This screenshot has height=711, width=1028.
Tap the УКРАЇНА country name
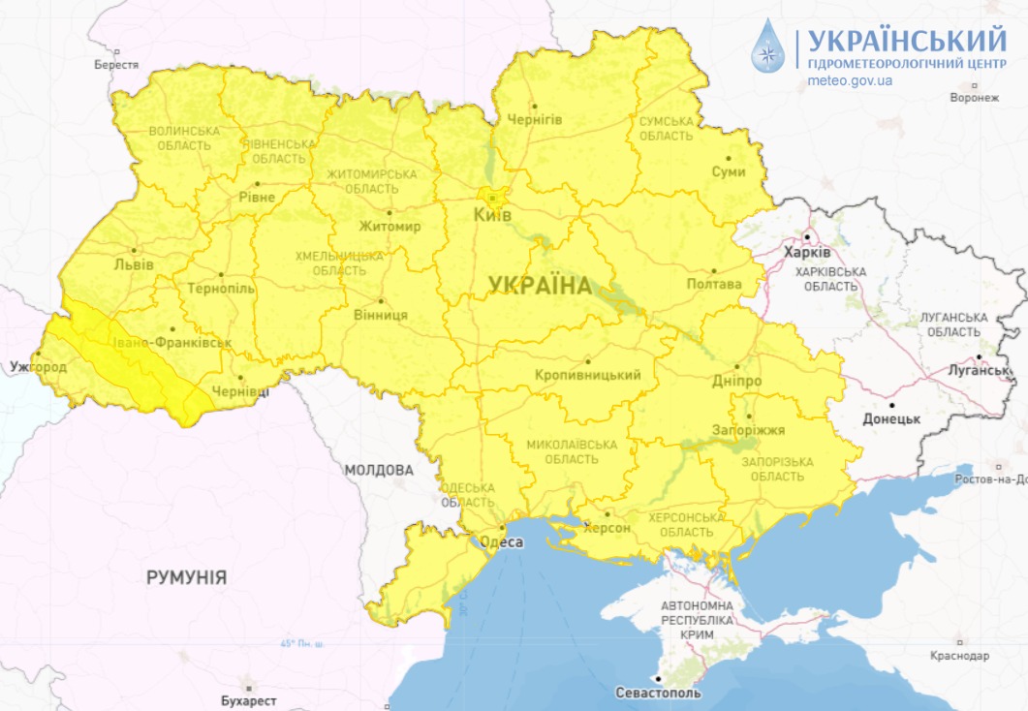pyautogui.click(x=540, y=285)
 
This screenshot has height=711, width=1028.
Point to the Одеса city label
pyautogui.click(x=502, y=542)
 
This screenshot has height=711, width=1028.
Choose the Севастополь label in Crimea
pyautogui.click(x=658, y=694)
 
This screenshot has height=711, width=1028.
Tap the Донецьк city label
pyautogui.click(x=891, y=418)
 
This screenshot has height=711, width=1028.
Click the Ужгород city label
pyautogui.click(x=39, y=367)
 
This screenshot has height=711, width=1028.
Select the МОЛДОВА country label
pyautogui.click(x=378, y=470)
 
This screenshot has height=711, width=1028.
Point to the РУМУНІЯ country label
pyautogui.click(x=187, y=577)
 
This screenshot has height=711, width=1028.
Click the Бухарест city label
pyautogui.click(x=248, y=700)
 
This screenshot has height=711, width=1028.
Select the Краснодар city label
pyautogui.click(x=958, y=656)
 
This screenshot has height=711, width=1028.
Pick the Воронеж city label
pyautogui.click(x=974, y=98)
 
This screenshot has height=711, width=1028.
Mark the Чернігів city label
pyautogui.click(x=535, y=119)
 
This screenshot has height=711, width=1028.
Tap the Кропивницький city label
pyautogui.click(x=587, y=375)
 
